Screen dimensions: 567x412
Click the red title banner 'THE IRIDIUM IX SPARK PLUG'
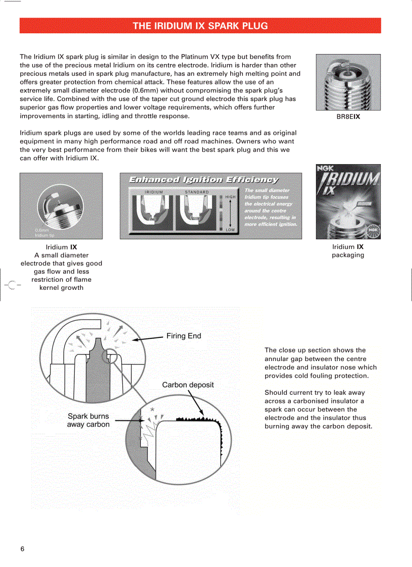[x=200, y=26]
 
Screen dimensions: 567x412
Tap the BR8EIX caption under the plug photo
[x=348, y=117]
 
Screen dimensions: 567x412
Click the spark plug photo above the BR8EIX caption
[x=348, y=82]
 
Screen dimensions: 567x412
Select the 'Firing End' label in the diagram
[x=184, y=336]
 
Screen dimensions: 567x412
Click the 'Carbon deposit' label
[x=188, y=385]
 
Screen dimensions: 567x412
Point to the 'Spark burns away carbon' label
[x=88, y=421]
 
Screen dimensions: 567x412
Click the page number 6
[x=22, y=549]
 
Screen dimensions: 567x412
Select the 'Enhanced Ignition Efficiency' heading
[x=203, y=180]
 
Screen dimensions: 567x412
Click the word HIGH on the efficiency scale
[x=230, y=197]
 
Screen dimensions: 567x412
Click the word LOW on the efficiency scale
[x=230, y=230]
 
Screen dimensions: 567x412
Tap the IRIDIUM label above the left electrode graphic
[x=153, y=192]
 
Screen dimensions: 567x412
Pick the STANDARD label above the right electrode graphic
[x=196, y=192]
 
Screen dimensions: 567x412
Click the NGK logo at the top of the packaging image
[x=325, y=170]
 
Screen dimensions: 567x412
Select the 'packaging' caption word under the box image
[x=348, y=255]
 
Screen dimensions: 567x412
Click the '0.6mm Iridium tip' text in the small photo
[x=44, y=233]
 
